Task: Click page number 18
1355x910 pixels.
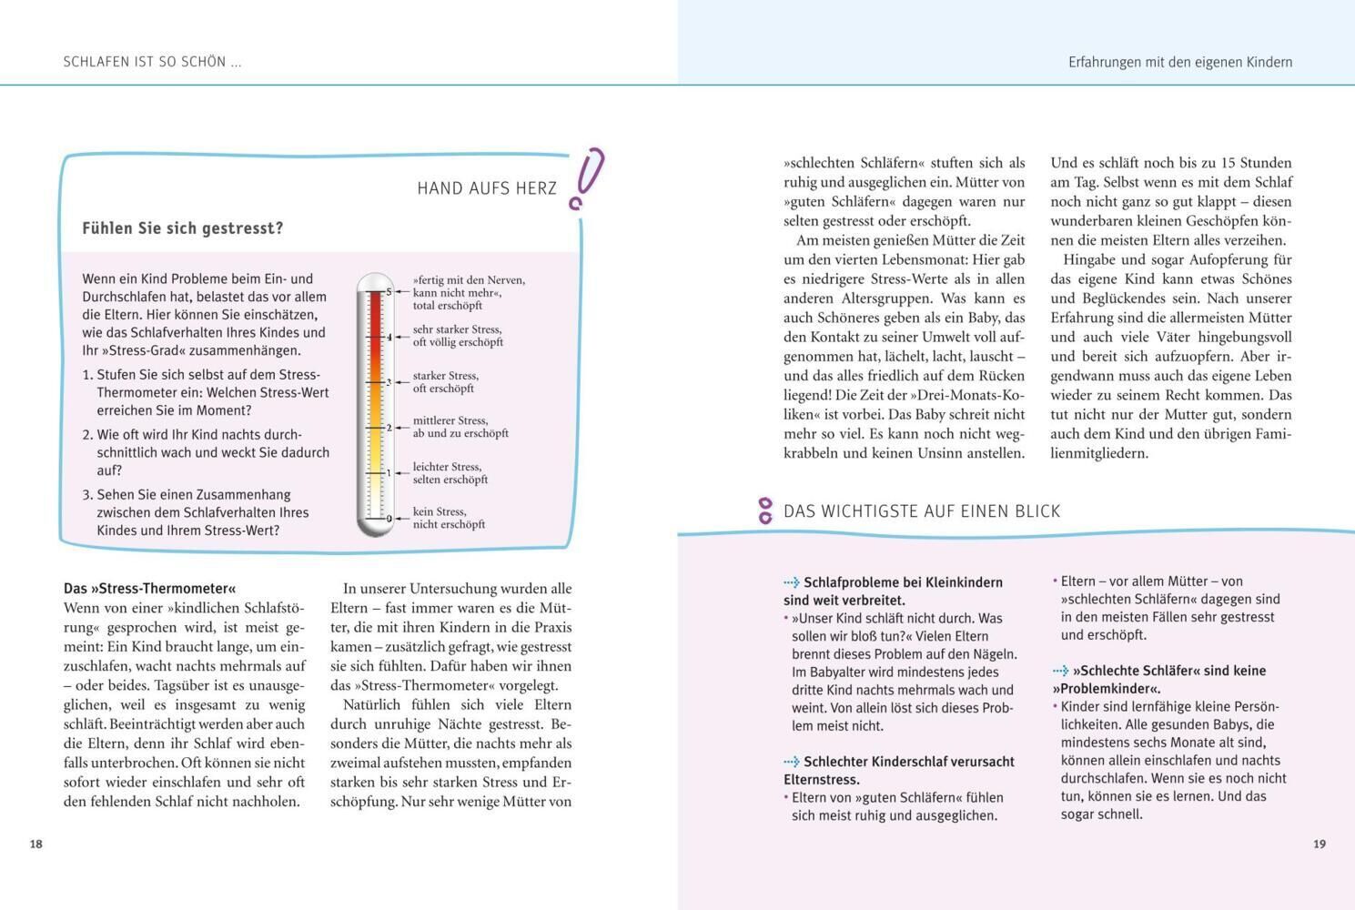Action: pos(36,844)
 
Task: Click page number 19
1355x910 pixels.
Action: pos(1320,844)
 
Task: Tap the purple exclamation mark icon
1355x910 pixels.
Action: pos(586,177)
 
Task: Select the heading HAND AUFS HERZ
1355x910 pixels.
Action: pos(487,188)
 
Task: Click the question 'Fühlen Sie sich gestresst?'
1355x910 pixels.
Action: pos(183,228)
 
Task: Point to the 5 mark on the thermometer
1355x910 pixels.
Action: pos(389,291)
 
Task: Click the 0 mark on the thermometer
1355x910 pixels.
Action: pos(389,518)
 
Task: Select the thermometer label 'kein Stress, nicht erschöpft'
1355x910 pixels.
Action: pos(449,518)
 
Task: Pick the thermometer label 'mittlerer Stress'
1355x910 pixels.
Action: pos(460,427)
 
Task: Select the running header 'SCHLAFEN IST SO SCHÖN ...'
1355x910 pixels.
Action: pos(152,62)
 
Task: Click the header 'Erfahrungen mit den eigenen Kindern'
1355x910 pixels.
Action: pos(1180,62)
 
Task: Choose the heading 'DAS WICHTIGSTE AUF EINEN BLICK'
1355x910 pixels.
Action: pos(922,511)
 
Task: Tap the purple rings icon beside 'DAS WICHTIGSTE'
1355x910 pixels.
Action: pos(765,511)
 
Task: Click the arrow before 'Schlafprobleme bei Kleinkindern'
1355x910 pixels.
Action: pos(792,582)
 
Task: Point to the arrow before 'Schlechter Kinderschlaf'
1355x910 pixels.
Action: pos(792,762)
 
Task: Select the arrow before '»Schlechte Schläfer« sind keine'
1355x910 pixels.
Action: pos(1061,671)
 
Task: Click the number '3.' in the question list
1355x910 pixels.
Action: pos(88,495)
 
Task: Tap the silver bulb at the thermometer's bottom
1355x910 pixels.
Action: pos(375,523)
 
